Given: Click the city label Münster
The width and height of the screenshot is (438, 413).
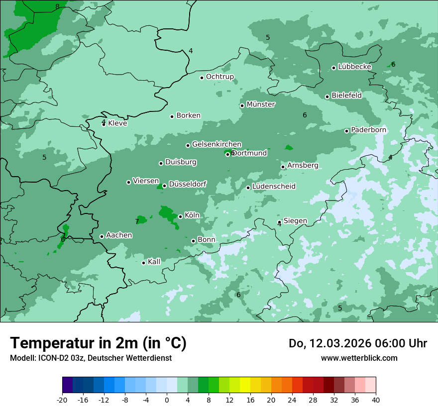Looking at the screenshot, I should point(261,104).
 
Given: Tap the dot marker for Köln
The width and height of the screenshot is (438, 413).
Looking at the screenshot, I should point(180,216).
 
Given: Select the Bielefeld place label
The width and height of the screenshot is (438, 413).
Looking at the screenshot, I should point(346,95).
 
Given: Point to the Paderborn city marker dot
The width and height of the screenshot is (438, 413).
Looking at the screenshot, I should point(346,131).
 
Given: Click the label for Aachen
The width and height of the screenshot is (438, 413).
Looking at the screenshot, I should point(119,235).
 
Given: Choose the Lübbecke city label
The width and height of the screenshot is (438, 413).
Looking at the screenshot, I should point(354,67).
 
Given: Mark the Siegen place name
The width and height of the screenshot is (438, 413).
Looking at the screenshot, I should point(295,221).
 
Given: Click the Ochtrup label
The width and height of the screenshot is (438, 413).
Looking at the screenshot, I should point(220,77).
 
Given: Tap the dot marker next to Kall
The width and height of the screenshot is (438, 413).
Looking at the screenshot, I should point(143,263).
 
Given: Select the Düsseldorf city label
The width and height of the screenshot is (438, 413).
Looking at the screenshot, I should point(188,184).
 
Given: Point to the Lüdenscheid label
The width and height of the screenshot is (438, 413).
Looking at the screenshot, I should point(274,187).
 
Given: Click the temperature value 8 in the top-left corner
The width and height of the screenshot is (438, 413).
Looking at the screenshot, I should point(57,6).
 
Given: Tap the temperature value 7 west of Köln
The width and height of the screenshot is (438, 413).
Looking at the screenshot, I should point(137,221).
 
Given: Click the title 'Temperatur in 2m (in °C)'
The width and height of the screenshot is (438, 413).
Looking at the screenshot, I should point(98,343).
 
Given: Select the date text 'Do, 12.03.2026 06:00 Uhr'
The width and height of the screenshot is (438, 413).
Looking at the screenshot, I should point(357,343).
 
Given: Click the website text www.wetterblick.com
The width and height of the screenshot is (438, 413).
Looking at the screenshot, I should point(359,358).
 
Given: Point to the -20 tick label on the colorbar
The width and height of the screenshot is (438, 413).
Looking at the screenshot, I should point(62,400).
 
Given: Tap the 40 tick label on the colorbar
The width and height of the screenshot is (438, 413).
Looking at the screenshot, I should point(376,400).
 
